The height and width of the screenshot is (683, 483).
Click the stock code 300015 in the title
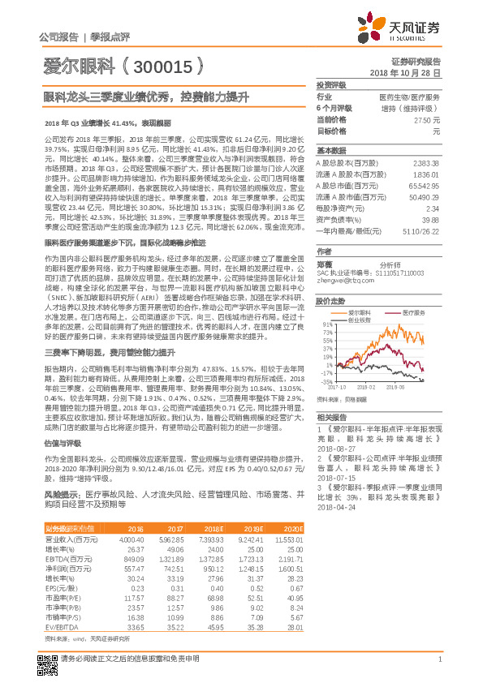pos(163,67)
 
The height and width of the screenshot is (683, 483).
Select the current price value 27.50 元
pos(427,119)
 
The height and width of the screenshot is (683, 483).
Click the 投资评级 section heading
pos(331,84)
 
